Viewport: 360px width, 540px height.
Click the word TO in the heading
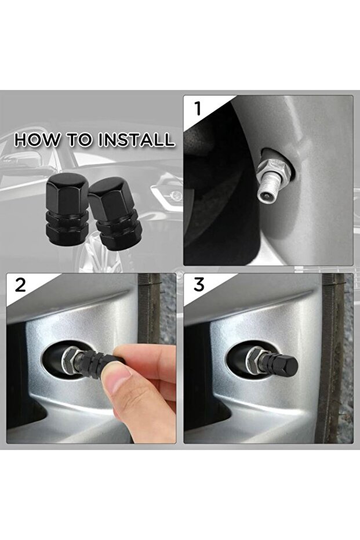tap(79, 140)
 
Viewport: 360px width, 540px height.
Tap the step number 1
tap(198, 109)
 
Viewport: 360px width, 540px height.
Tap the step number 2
tap(21, 285)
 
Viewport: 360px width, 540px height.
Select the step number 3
tap(199, 285)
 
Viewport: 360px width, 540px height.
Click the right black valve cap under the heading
tap(114, 213)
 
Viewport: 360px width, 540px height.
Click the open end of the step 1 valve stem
tap(264, 196)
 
